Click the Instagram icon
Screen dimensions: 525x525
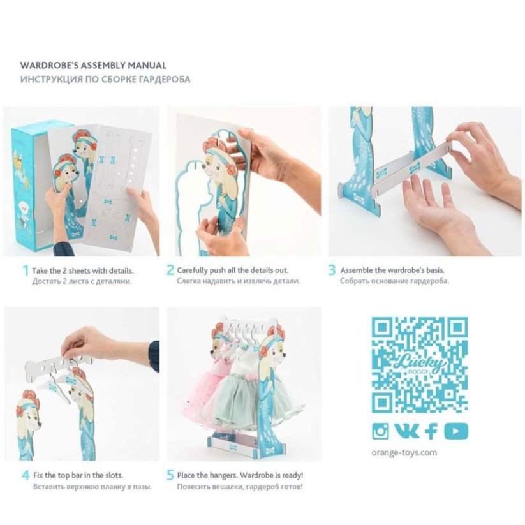380,431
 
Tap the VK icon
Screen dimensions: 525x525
406,431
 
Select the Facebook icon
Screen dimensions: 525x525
431,431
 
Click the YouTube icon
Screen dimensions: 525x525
455,431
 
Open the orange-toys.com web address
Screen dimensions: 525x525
404,453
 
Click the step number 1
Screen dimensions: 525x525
25,270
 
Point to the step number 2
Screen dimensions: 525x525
170,270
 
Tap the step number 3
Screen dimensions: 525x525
332,270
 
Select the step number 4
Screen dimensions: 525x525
26,475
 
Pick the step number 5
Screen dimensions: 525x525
170,475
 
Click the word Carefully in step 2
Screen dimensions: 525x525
192,270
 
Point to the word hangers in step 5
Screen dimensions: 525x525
223,475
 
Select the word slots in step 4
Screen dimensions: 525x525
114,475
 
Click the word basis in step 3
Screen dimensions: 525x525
436,270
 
